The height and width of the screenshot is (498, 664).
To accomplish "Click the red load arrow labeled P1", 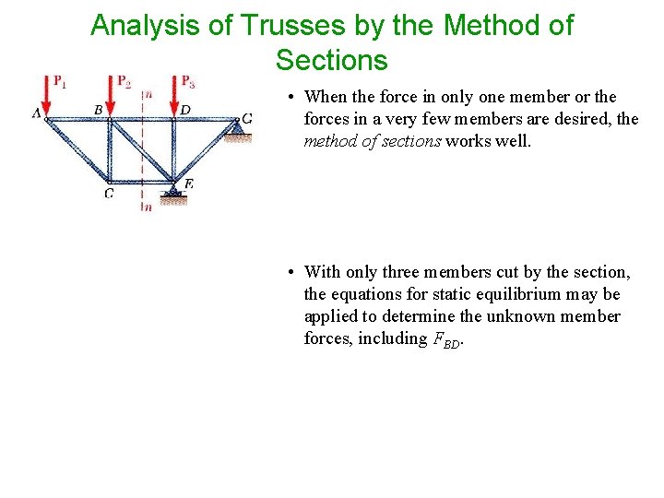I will pos(46,94).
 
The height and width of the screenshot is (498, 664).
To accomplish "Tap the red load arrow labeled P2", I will pos(111,94).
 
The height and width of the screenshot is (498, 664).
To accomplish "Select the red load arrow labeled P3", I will pos(175,94).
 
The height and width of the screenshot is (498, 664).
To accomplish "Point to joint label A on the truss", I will pos(37,113).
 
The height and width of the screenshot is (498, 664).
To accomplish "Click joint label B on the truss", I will pos(99,110).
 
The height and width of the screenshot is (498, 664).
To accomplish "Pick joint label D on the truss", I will pos(185,110).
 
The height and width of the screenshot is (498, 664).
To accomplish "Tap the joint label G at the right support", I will pos(246,119).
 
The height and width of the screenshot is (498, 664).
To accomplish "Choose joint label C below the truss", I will pos(109,193).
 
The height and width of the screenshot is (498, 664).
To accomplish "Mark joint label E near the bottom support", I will pos(187,184).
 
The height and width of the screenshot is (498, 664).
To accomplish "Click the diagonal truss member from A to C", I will pos(77,148).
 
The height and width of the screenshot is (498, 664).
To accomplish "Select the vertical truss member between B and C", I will pos(110,148).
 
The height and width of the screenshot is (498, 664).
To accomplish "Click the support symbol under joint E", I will pos(172,195).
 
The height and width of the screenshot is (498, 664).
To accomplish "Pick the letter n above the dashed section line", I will pos(148,94).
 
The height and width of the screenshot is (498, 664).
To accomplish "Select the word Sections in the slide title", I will pos(331,61).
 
